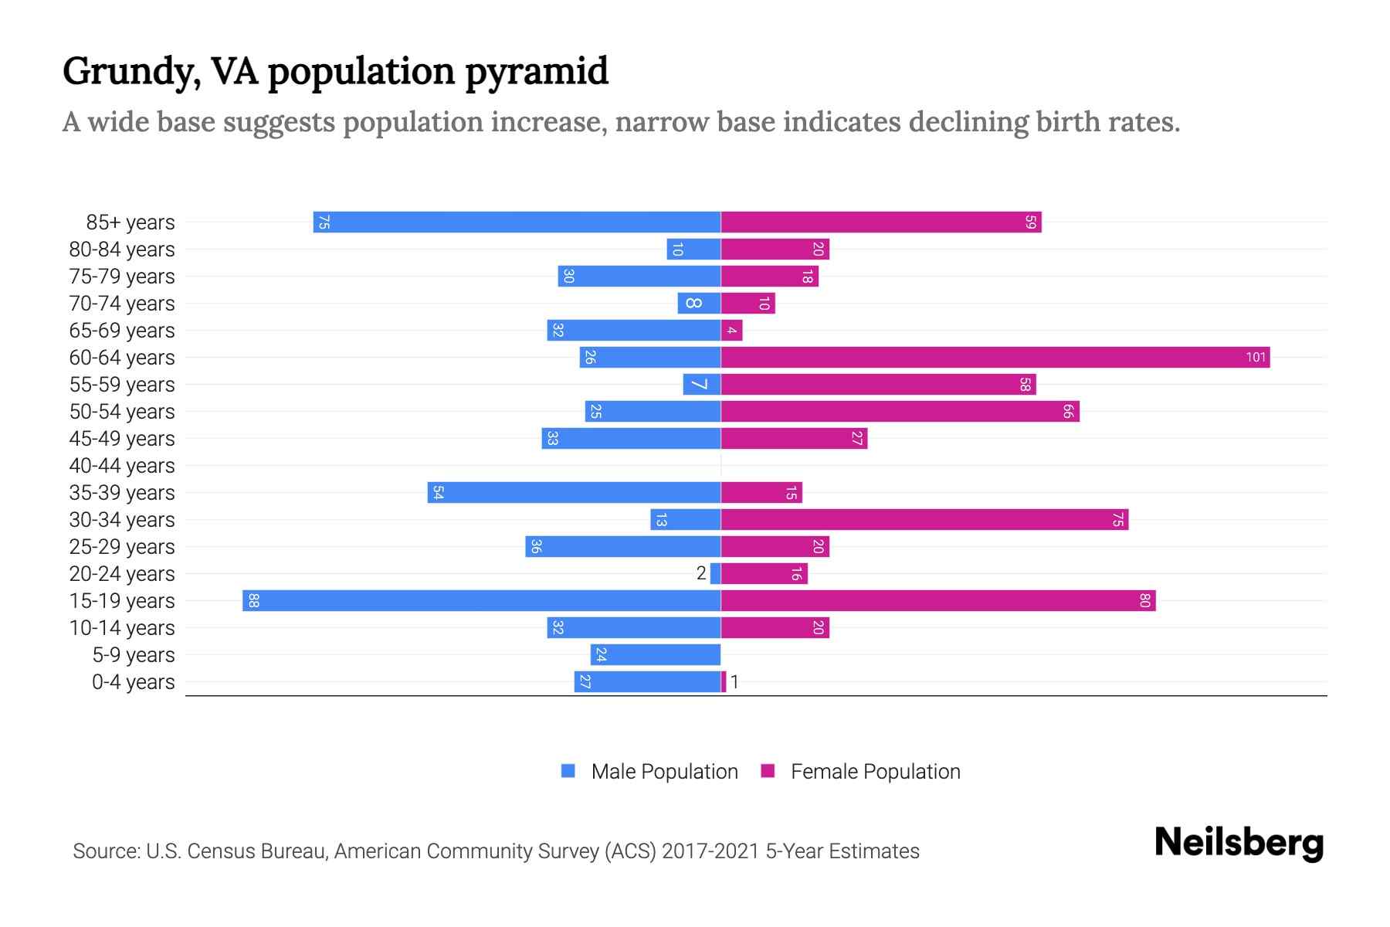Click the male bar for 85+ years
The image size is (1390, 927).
point(517,222)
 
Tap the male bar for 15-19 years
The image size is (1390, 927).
point(481,601)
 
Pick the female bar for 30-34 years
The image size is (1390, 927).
point(924,520)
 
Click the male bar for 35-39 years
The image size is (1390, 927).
point(574,493)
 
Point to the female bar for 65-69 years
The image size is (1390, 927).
point(731,331)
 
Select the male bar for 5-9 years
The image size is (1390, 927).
point(656,655)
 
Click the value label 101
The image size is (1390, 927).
point(1256,358)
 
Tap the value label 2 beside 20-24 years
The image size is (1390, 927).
point(701,573)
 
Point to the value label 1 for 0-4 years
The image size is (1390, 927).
point(735,682)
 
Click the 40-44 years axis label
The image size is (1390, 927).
point(122,466)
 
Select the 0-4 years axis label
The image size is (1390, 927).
point(133,682)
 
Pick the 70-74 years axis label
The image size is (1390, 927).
point(122,304)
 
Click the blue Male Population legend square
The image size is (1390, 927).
point(568,771)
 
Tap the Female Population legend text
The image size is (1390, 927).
point(875,772)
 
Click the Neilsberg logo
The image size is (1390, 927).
point(1239,843)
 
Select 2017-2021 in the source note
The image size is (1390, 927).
point(710,851)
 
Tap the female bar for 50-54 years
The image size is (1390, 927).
point(900,412)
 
